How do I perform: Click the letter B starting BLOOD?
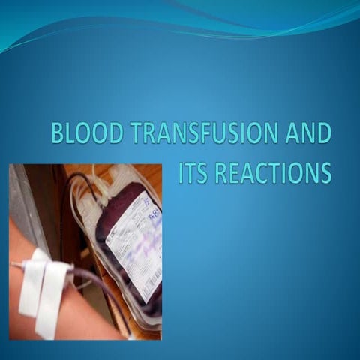tap(57, 135)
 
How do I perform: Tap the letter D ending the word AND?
tap(322, 135)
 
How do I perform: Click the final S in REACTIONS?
tap(325, 172)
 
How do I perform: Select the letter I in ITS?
tap(181, 172)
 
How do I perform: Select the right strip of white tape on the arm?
tap(54, 292)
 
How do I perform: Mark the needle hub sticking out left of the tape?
tap(16, 265)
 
